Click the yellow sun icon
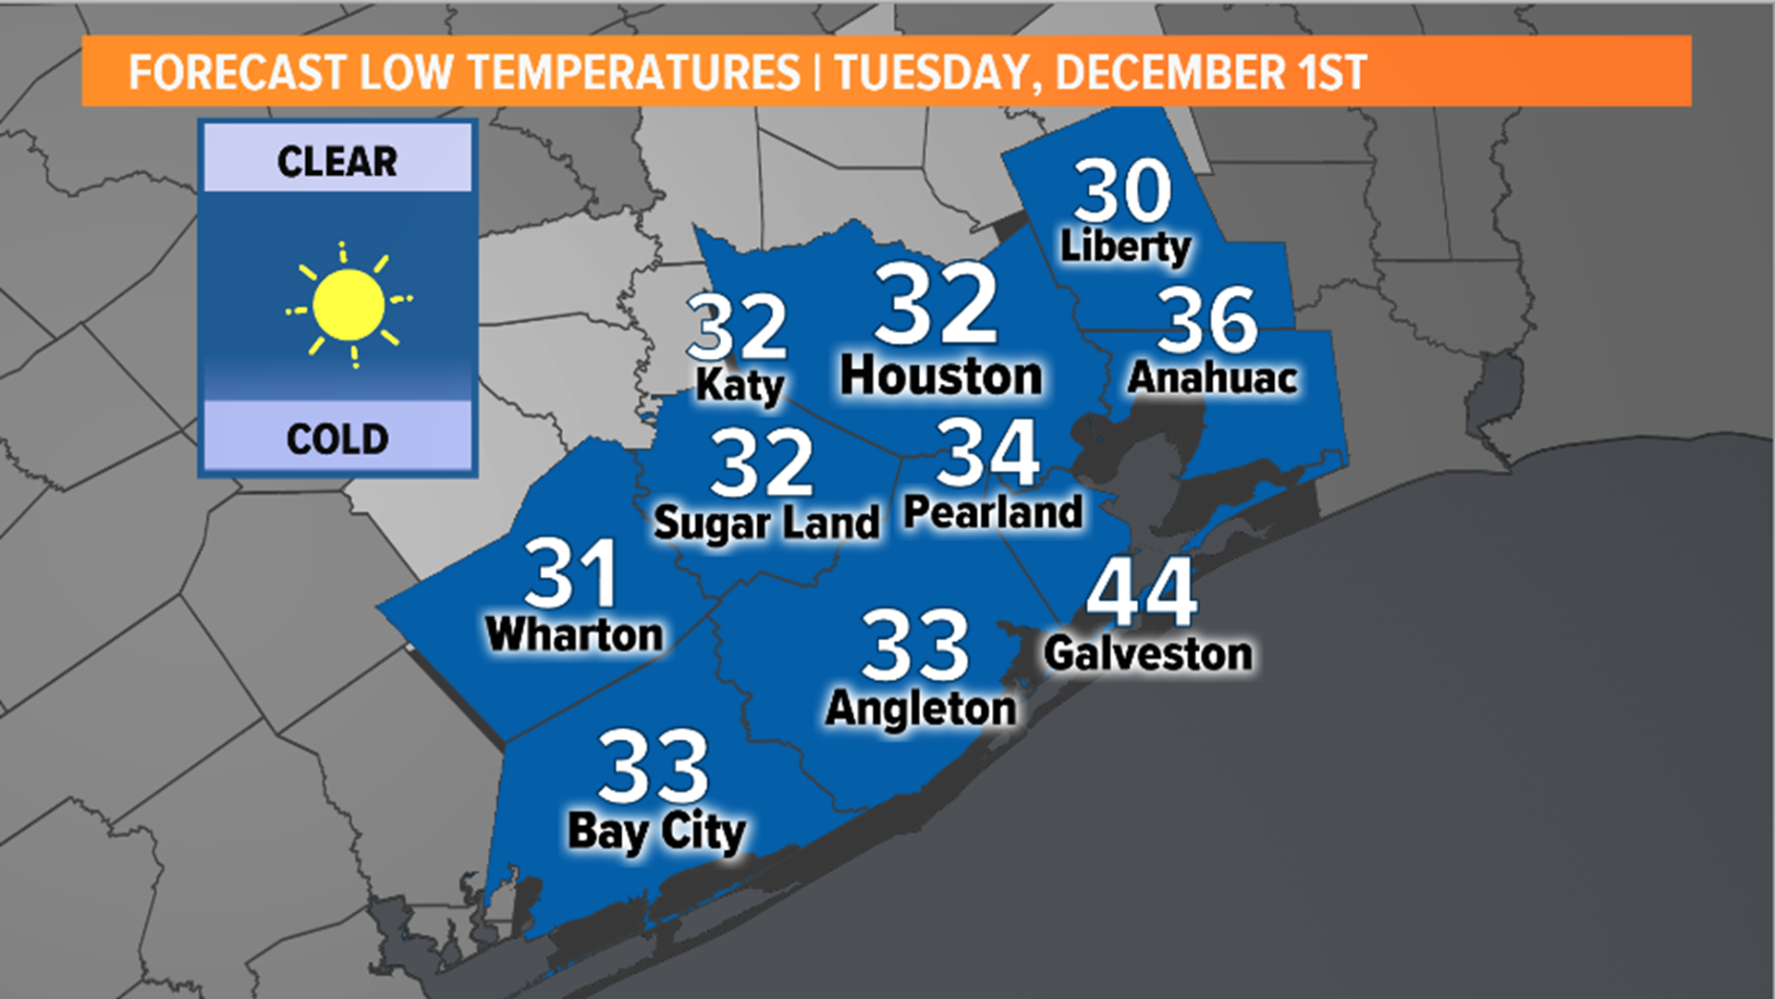349,304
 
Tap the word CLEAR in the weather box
337,162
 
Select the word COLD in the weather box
337,438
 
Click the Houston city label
941,376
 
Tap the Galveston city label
1148,654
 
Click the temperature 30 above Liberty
1122,191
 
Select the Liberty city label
1125,246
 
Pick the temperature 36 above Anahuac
1207,320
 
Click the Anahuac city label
1213,377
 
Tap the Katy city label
740,386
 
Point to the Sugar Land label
766,524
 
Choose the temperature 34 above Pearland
987,453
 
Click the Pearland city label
993,512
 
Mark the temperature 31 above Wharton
571,573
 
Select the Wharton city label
574,635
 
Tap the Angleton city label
921,709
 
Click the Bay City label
656,832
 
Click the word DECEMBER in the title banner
1169,73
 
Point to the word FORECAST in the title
237,73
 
